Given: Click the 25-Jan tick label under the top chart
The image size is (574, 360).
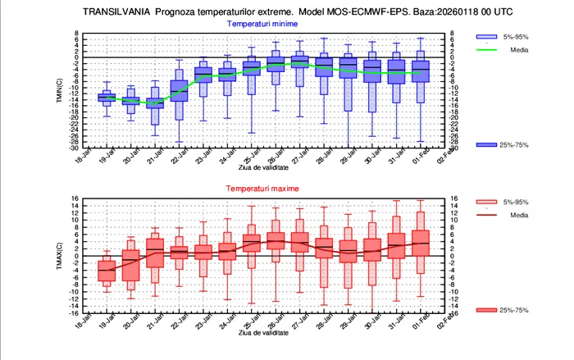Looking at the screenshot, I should [x=248, y=156].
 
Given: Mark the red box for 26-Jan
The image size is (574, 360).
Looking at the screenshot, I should [x=276, y=240].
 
